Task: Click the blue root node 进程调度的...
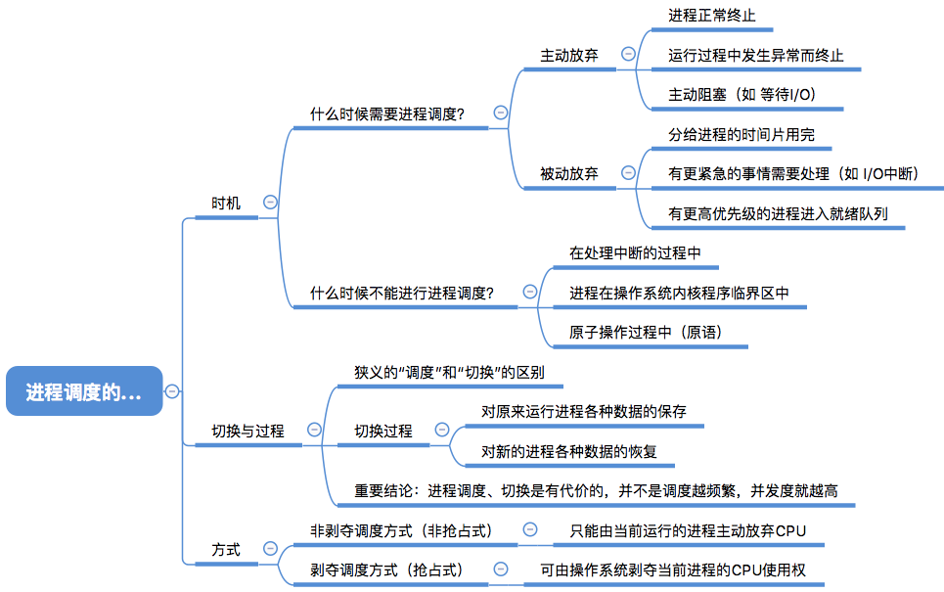(84, 390)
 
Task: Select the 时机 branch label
(226, 204)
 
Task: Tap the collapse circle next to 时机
(270, 203)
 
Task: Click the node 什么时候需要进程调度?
(387, 114)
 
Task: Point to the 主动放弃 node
(569, 56)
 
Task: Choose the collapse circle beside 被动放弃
(628, 173)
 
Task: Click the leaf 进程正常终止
(711, 16)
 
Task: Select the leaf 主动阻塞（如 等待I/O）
(742, 95)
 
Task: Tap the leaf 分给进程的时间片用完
(742, 134)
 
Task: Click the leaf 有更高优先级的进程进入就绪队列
(778, 213)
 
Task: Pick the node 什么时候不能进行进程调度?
(401, 294)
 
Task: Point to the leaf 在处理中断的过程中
(635, 252)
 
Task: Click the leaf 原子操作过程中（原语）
(646, 333)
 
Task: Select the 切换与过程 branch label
(247, 432)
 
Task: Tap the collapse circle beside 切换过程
(442, 430)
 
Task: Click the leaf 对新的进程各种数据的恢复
(569, 452)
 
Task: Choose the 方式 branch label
(226, 550)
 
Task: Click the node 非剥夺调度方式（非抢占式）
(401, 531)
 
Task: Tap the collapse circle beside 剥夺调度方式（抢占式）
(500, 569)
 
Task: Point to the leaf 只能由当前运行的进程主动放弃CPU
(688, 531)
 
